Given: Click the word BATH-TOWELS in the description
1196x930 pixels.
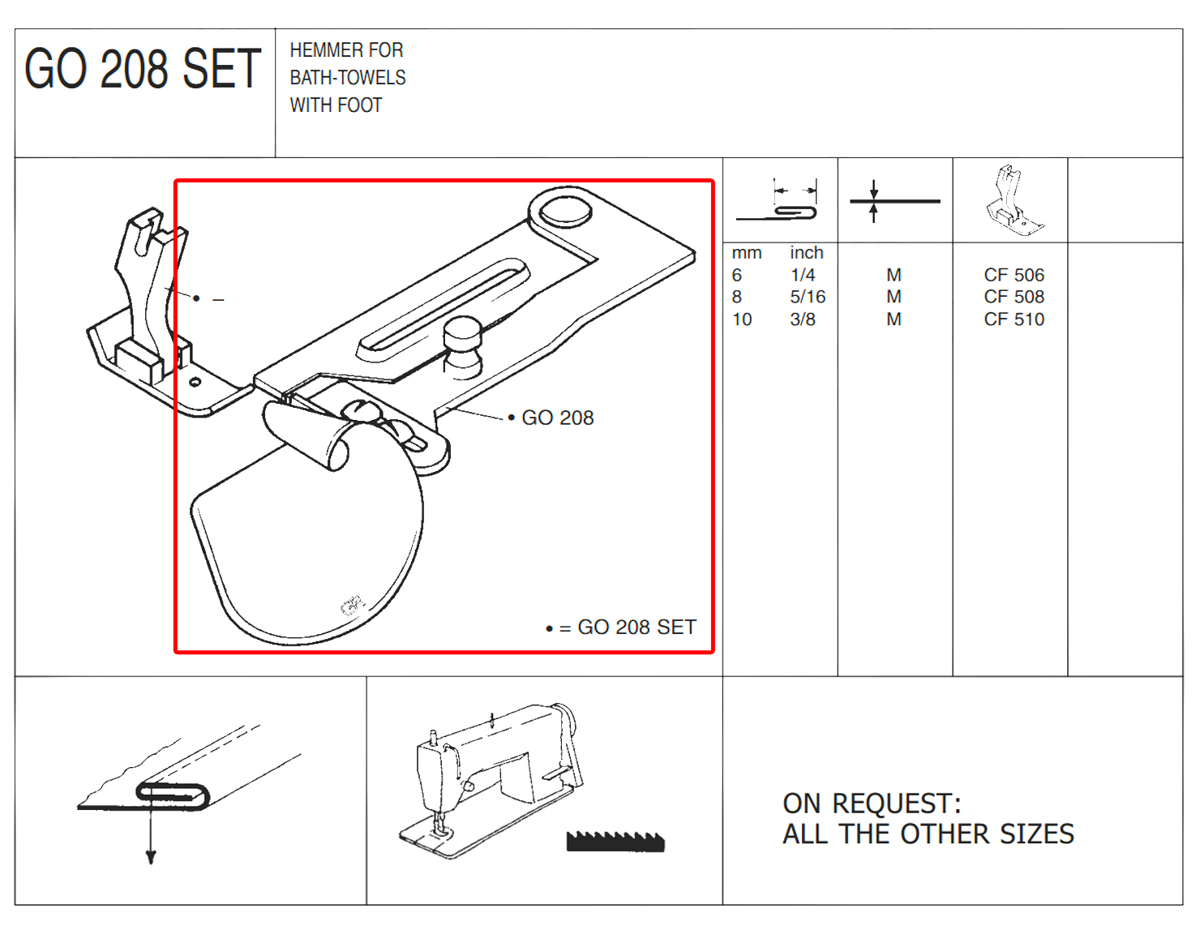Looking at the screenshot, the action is tap(347, 78).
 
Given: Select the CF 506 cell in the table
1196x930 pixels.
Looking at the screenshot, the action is tap(1014, 275).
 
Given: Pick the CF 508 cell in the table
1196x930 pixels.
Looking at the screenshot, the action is tap(1014, 297).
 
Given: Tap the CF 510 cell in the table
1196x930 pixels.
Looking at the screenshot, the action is tap(1014, 319).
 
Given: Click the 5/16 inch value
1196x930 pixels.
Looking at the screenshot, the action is tap(808, 297).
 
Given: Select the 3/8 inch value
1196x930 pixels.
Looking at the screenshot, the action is tap(803, 319).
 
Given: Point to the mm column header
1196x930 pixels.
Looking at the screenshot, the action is tap(746, 253).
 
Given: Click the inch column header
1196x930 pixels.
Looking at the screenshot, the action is tap(806, 252).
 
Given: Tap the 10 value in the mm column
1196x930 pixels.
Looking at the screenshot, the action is tap(741, 319).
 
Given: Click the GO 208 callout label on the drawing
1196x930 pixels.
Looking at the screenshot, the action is tap(557, 418).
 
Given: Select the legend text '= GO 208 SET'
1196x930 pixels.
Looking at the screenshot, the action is tap(628, 627).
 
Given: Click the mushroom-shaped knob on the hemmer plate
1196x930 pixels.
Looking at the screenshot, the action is tap(463, 347).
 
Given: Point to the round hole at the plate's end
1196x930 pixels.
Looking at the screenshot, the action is tap(566, 212).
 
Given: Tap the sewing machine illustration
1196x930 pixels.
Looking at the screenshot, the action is tap(491, 780).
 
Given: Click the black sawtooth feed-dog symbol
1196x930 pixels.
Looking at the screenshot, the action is tap(615, 841).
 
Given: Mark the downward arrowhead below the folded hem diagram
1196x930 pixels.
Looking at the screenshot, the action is tap(151, 857).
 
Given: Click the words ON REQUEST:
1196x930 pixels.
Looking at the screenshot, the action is tap(872, 804).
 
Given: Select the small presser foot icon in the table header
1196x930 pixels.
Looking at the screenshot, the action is tap(1014, 200).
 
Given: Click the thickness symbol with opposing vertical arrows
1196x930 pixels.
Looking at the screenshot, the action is tap(895, 201).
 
